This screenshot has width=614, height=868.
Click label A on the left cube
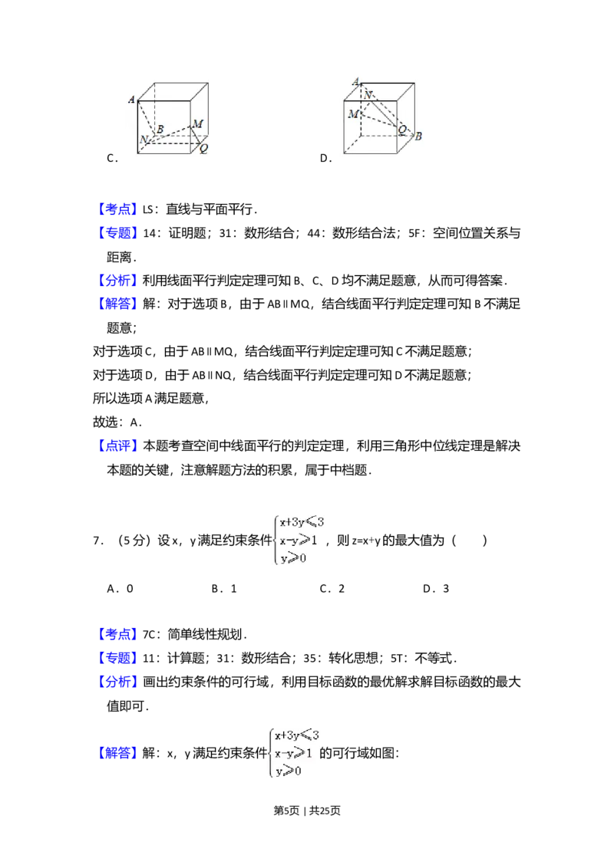(132, 100)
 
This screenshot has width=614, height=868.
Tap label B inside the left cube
(160, 129)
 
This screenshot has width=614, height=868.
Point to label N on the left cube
(143, 140)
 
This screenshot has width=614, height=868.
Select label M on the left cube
(198, 124)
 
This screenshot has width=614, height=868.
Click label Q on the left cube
(203, 149)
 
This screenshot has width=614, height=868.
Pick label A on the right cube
(355, 82)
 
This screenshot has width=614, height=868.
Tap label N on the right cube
(368, 94)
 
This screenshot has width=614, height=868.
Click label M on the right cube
(353, 114)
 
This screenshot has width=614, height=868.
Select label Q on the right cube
(401, 130)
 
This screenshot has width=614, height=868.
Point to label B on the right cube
(419, 136)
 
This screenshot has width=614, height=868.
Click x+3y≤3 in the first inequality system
(302, 522)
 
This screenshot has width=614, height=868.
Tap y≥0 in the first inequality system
(293, 559)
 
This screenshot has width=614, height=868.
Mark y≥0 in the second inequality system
(289, 771)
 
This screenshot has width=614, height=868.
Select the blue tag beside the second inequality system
(119, 752)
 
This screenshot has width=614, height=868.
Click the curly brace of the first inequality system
(274, 541)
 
